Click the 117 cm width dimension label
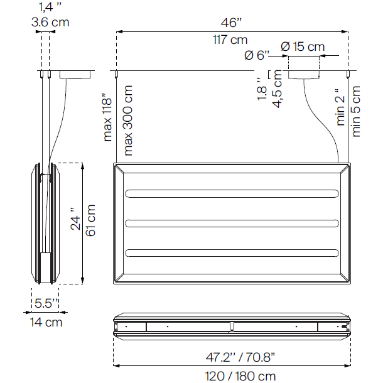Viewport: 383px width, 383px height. click(x=230, y=40)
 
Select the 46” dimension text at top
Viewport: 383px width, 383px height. click(x=231, y=23)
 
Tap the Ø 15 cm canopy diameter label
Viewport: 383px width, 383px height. click(x=303, y=46)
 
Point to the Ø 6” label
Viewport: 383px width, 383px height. click(x=257, y=55)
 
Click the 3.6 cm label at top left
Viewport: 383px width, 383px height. click(x=50, y=22)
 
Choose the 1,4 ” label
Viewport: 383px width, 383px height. click(x=50, y=7)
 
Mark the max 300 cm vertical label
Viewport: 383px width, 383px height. click(x=128, y=119)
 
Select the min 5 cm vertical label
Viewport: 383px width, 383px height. click(x=357, y=111)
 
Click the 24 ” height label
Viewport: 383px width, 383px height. click(x=75, y=220)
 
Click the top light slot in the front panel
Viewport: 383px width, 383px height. click(x=232, y=193)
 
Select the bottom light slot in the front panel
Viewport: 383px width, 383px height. click(x=232, y=253)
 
